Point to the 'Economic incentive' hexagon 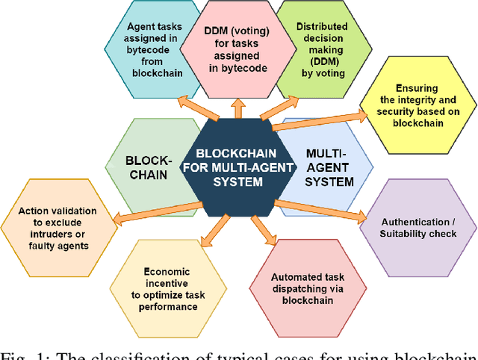167,285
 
